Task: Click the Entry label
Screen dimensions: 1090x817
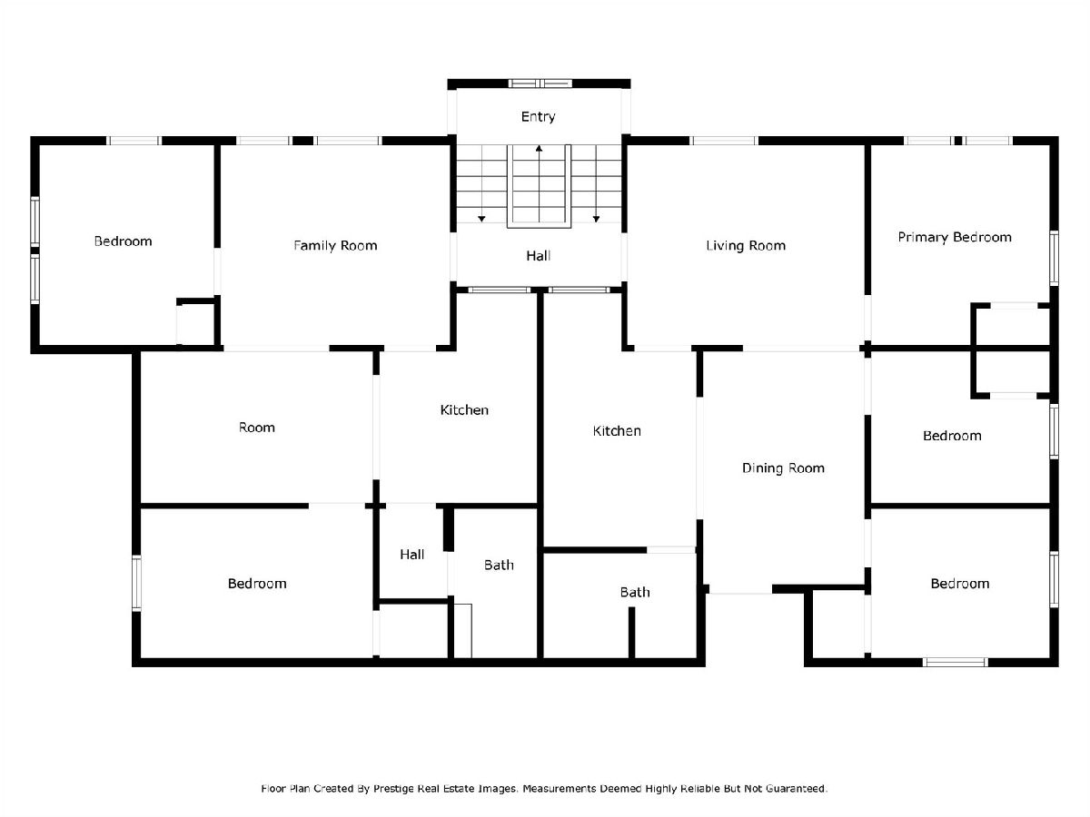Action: coord(538,116)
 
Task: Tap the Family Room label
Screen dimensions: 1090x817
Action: coord(335,245)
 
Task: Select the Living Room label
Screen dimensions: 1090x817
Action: coord(746,245)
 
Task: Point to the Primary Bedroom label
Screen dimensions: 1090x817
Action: coord(955,237)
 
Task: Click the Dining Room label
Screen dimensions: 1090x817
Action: coord(783,468)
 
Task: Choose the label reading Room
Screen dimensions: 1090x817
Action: coord(257,428)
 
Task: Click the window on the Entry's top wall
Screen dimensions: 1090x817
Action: coord(540,84)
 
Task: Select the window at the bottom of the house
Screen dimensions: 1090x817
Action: coord(956,662)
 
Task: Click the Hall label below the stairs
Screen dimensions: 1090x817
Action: coord(539,256)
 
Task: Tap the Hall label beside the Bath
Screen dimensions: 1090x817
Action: coord(411,555)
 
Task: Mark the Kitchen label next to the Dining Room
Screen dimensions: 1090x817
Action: coord(617,431)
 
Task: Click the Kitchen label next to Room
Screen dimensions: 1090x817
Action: coord(464,410)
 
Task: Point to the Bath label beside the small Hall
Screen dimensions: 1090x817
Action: coord(499,565)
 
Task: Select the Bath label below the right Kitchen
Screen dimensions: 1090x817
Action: coord(635,592)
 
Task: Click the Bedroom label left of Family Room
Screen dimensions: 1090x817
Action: coord(124,241)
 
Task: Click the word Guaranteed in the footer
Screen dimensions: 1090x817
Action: coord(796,788)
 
